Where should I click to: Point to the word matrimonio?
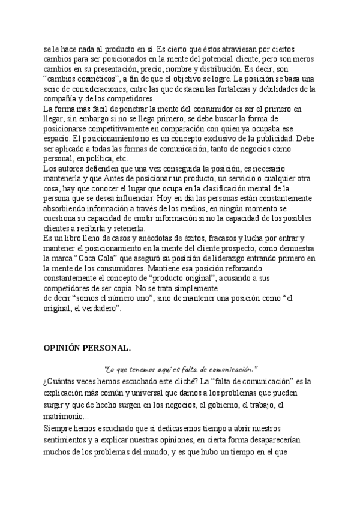(x=65, y=416)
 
